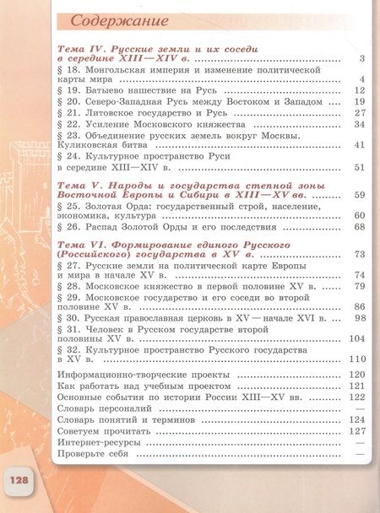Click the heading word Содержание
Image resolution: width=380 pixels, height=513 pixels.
coord(119,20)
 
